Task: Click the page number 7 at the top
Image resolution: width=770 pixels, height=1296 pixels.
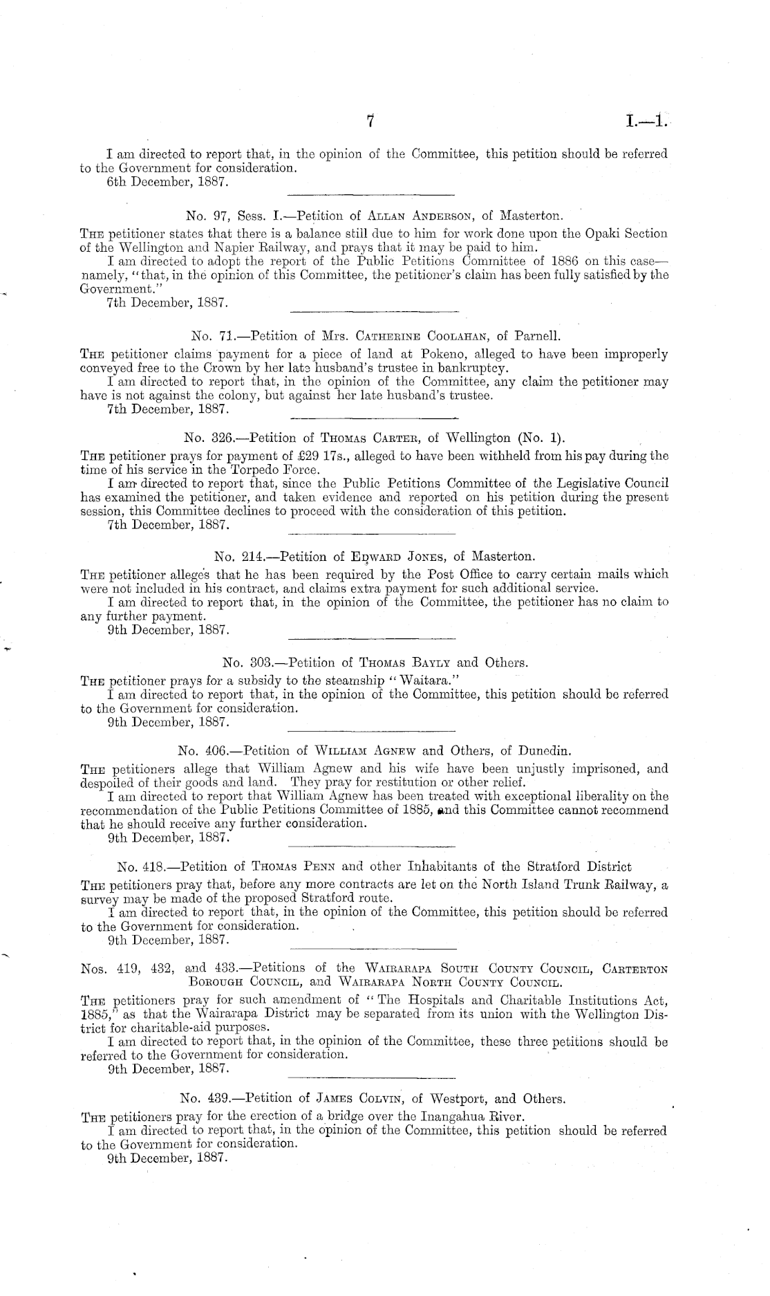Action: [370, 122]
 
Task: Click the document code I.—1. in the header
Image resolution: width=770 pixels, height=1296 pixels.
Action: [646, 122]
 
